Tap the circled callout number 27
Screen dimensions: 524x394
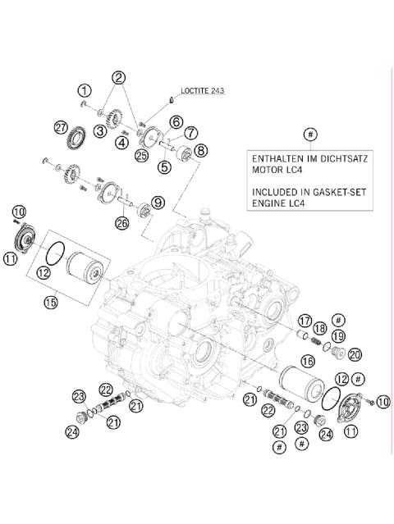pyautogui.click(x=59, y=126)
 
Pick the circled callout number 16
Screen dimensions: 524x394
pyautogui.click(x=308, y=360)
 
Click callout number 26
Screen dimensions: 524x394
pyautogui.click(x=123, y=222)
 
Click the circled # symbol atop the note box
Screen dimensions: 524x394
pyautogui.click(x=309, y=133)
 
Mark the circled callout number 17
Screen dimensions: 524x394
pyautogui.click(x=305, y=321)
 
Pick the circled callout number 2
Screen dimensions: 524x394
pyautogui.click(x=119, y=78)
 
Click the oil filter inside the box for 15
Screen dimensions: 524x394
pyautogui.click(x=84, y=266)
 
